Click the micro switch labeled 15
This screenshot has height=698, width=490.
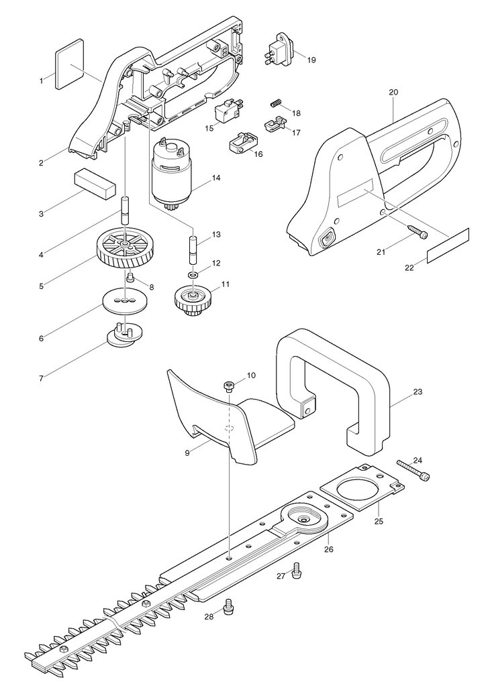click(228, 112)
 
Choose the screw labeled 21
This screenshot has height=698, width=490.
click(418, 231)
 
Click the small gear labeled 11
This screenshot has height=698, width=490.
click(191, 300)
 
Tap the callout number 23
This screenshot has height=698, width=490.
click(418, 392)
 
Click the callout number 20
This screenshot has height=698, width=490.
click(393, 92)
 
